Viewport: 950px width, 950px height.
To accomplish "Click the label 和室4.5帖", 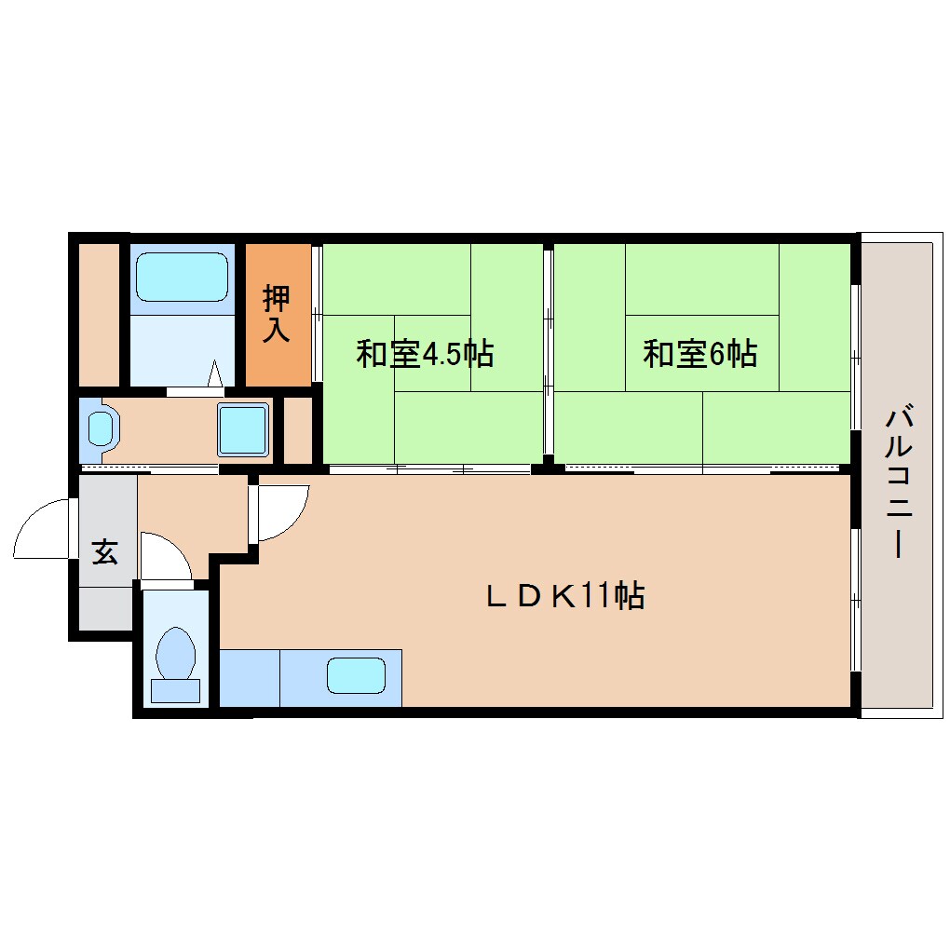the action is [x=425, y=354].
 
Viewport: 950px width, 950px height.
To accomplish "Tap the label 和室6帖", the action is [x=699, y=354].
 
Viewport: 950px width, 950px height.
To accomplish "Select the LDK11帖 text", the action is [x=564, y=595].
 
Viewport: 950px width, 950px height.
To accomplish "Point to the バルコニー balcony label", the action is [x=899, y=482].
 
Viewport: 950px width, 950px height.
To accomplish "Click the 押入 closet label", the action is [x=277, y=314].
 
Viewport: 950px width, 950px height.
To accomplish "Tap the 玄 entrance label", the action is [x=105, y=552].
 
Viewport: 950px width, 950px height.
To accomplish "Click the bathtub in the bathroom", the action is [x=182, y=277].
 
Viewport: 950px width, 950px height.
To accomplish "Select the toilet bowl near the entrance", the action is [x=176, y=655].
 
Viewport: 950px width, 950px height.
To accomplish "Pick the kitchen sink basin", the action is [x=356, y=675].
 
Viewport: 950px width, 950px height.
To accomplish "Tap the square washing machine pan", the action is [x=243, y=429].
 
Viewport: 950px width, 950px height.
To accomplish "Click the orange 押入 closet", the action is [x=278, y=315].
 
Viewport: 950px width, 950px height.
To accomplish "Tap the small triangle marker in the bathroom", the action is [x=215, y=373].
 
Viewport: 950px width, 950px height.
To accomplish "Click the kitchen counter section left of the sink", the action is [x=250, y=678].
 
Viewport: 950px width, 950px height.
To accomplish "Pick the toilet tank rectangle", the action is [x=175, y=691].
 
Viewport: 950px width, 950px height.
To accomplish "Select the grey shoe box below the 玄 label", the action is [x=106, y=609].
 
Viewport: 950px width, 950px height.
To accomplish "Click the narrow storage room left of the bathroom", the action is [x=100, y=315].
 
